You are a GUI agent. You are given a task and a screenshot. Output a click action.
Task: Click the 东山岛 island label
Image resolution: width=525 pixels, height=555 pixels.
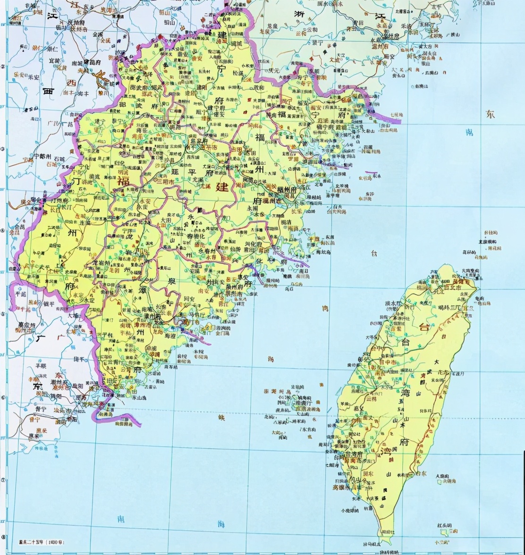point(128,398)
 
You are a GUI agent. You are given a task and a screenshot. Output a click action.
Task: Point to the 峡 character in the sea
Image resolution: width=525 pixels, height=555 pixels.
point(222,417)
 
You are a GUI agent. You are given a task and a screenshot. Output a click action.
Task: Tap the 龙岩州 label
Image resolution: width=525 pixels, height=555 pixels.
point(101,262)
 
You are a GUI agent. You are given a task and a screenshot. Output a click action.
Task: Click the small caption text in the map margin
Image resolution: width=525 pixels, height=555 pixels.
point(38,542)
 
